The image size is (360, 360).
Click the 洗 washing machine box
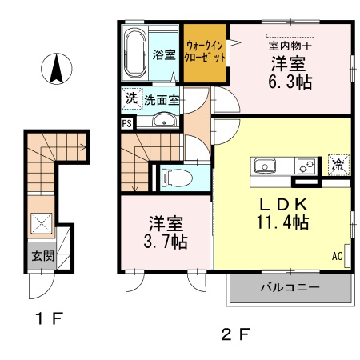(130, 101)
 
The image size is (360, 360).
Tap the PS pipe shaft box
(126, 123)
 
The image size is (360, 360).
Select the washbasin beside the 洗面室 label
(164, 122)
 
